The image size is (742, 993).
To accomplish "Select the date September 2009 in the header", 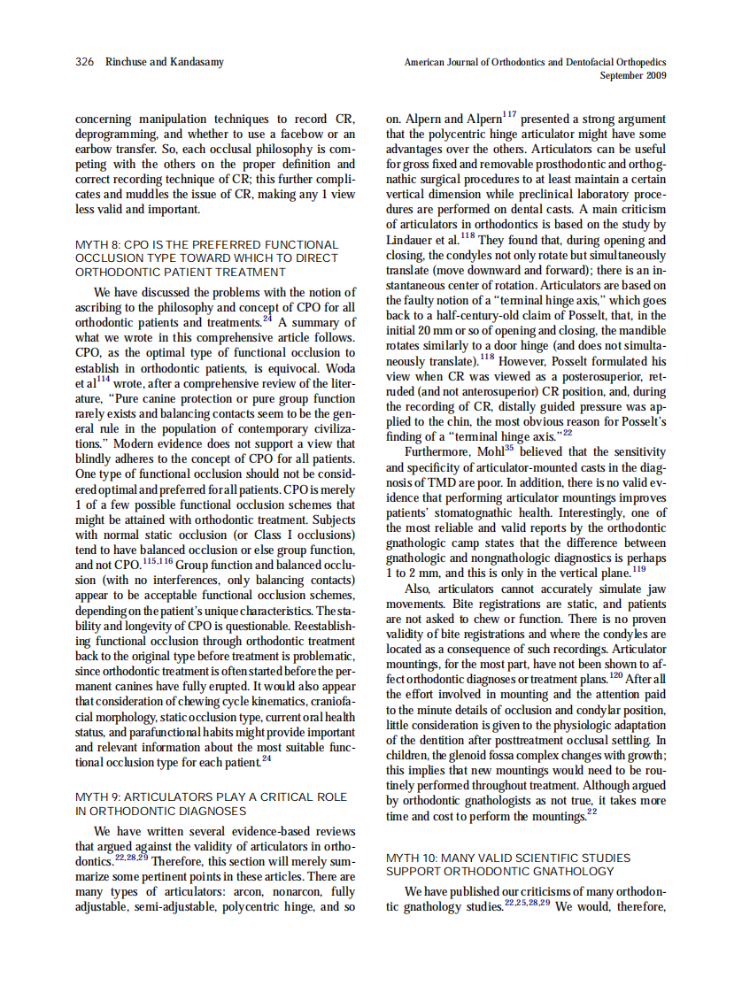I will pyautogui.click(x=632, y=75).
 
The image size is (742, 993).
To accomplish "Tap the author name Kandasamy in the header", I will pyautogui.click(x=194, y=62).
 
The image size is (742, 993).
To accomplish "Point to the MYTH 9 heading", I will pyautogui.click(x=212, y=804).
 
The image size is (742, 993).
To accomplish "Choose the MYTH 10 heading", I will pyautogui.click(x=508, y=865).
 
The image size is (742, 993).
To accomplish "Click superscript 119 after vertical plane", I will pyautogui.click(x=639, y=569).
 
